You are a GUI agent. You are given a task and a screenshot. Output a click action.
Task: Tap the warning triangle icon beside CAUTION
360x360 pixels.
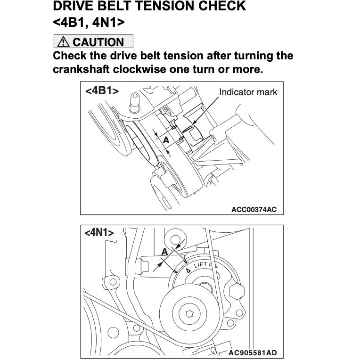click(x=63, y=42)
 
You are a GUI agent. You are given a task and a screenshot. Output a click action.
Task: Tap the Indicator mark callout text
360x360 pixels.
click(x=248, y=92)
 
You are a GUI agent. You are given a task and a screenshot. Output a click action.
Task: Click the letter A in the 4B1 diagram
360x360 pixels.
click(x=166, y=140)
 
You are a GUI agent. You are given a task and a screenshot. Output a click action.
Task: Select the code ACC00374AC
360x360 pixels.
click(x=254, y=209)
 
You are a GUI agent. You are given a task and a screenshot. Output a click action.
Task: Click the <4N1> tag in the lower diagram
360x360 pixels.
click(x=99, y=232)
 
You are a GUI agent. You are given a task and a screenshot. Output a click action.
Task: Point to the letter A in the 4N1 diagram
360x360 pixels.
click(x=164, y=253)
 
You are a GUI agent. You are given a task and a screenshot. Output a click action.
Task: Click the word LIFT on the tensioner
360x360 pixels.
click(x=202, y=266)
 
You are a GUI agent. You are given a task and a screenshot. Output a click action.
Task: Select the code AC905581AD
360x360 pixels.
click(x=253, y=352)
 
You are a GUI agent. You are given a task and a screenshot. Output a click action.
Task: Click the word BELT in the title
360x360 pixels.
click(x=113, y=7)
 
